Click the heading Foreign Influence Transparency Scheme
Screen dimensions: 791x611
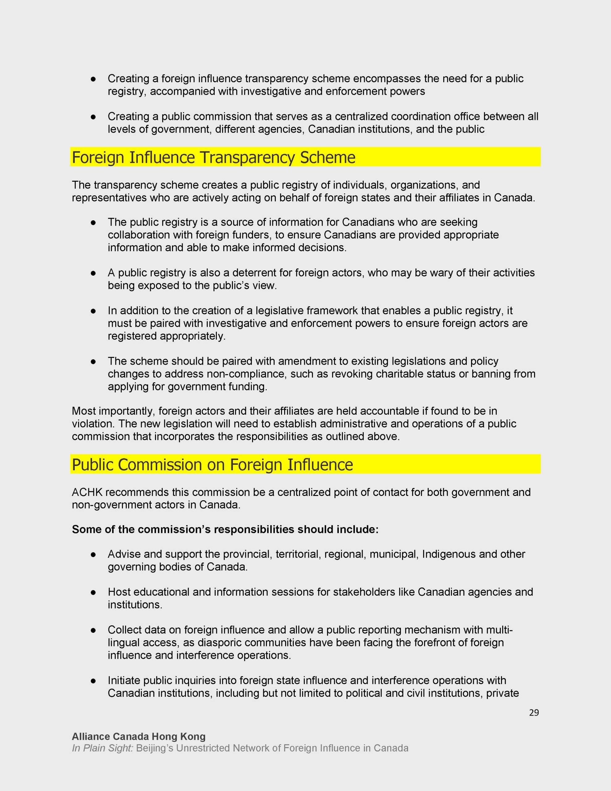click(x=213, y=157)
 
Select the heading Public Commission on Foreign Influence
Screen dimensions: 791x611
click(x=212, y=465)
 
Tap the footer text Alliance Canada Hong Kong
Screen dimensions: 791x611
click(x=139, y=736)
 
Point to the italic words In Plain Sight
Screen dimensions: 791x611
click(x=103, y=748)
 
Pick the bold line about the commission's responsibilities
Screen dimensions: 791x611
click(x=225, y=530)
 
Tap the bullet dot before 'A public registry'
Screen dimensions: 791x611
click(x=93, y=273)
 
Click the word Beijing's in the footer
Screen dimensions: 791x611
click(x=155, y=748)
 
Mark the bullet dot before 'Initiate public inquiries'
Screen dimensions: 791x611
click(x=93, y=681)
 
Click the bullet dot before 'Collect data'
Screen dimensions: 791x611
click(x=93, y=631)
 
